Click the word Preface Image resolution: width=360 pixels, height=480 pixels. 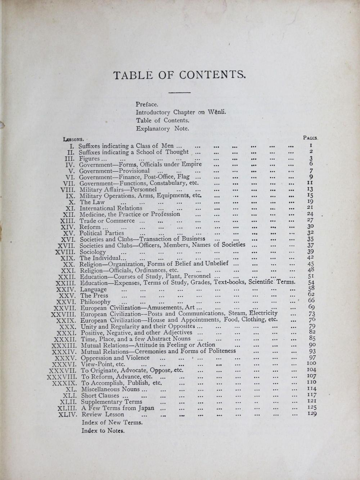147,104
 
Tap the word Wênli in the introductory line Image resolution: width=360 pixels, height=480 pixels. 217,112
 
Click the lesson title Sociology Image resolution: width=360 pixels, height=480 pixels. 93,252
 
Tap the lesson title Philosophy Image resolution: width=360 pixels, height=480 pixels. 95,302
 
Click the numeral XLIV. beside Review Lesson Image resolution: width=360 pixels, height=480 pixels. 67,415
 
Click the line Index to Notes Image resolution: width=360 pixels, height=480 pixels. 103,430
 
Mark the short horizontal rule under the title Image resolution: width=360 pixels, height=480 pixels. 179,93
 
